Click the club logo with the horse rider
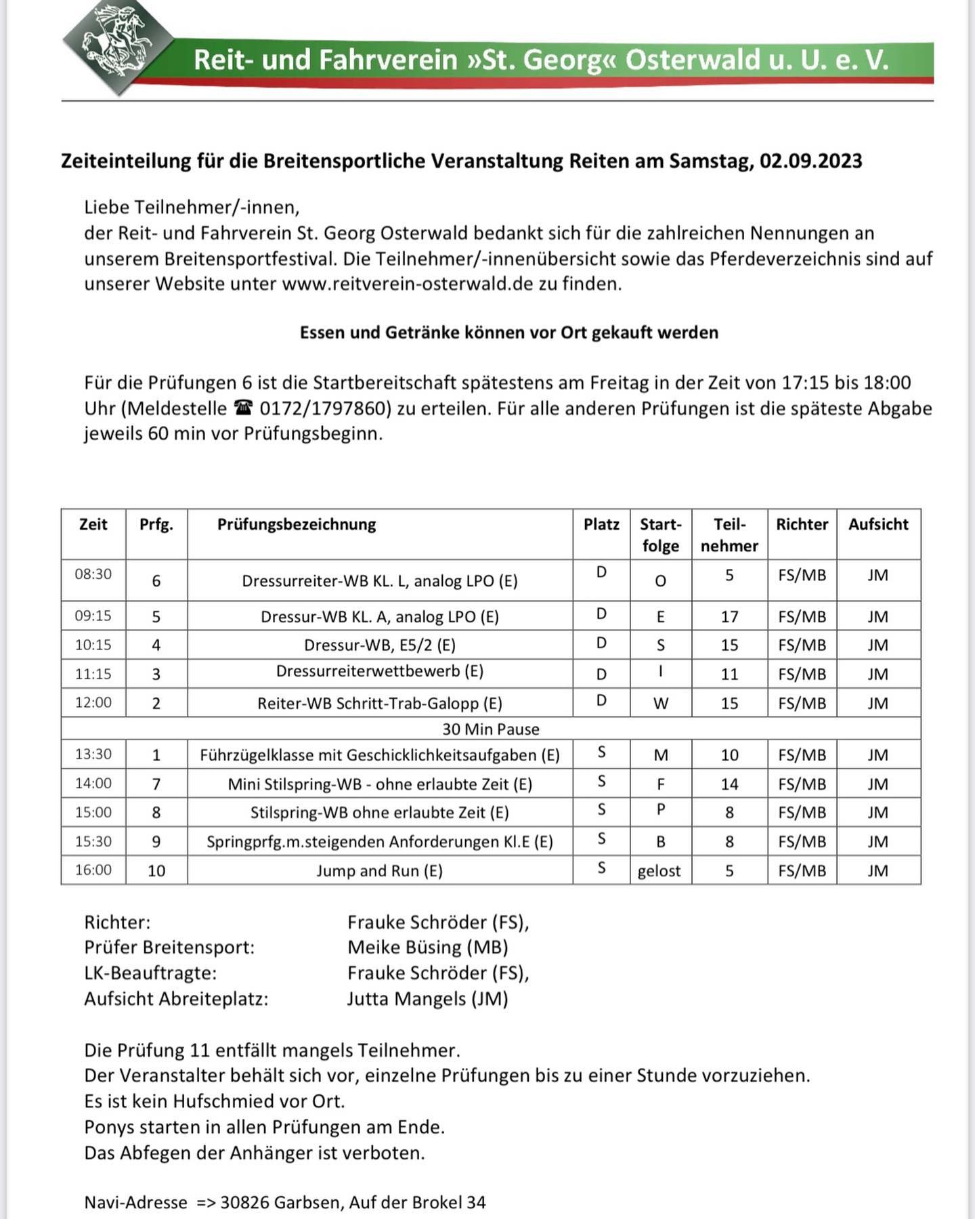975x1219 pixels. click(x=116, y=46)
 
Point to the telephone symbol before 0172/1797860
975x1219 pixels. click(x=242, y=408)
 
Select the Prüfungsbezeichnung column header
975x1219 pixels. click(x=296, y=524)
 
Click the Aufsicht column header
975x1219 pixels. click(x=878, y=524)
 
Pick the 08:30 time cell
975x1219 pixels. click(x=93, y=574)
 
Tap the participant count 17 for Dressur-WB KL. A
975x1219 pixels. click(x=729, y=616)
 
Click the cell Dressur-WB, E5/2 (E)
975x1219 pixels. click(x=380, y=645)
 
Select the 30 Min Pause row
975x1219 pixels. click(x=491, y=729)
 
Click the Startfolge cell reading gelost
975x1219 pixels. click(x=659, y=871)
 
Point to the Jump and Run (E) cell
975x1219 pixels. click(x=380, y=871)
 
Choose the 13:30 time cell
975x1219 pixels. click(x=93, y=754)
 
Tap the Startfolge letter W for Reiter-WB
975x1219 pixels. click(x=661, y=704)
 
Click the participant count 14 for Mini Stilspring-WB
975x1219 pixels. click(x=729, y=784)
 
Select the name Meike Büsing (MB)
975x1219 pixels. click(x=427, y=947)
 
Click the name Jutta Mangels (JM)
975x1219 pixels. click(x=427, y=999)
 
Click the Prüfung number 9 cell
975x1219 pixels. click(x=156, y=842)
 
